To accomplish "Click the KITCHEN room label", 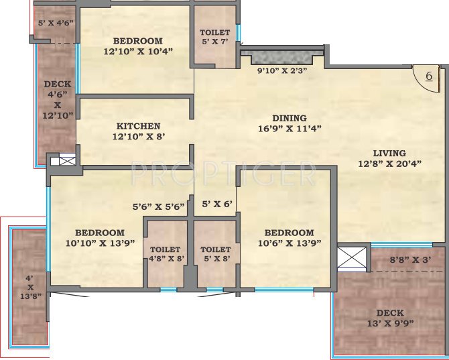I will coord(138,125).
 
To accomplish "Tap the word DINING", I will coord(289,117).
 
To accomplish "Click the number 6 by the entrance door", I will coord(428,76).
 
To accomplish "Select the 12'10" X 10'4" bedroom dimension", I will coord(139,50).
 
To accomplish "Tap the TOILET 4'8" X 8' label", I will coord(164,254).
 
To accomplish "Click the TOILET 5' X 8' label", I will coord(215,254).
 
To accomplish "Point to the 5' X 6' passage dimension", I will coord(216,204).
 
